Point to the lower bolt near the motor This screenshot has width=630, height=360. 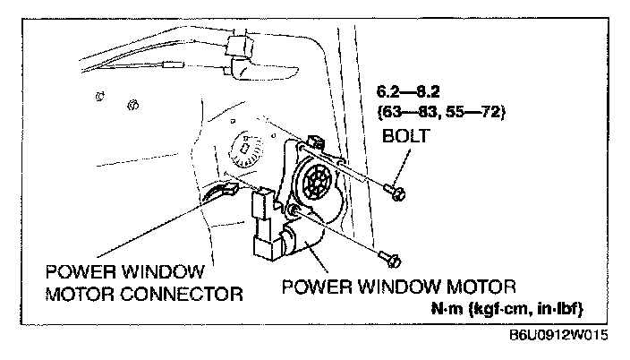click(391, 260)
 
